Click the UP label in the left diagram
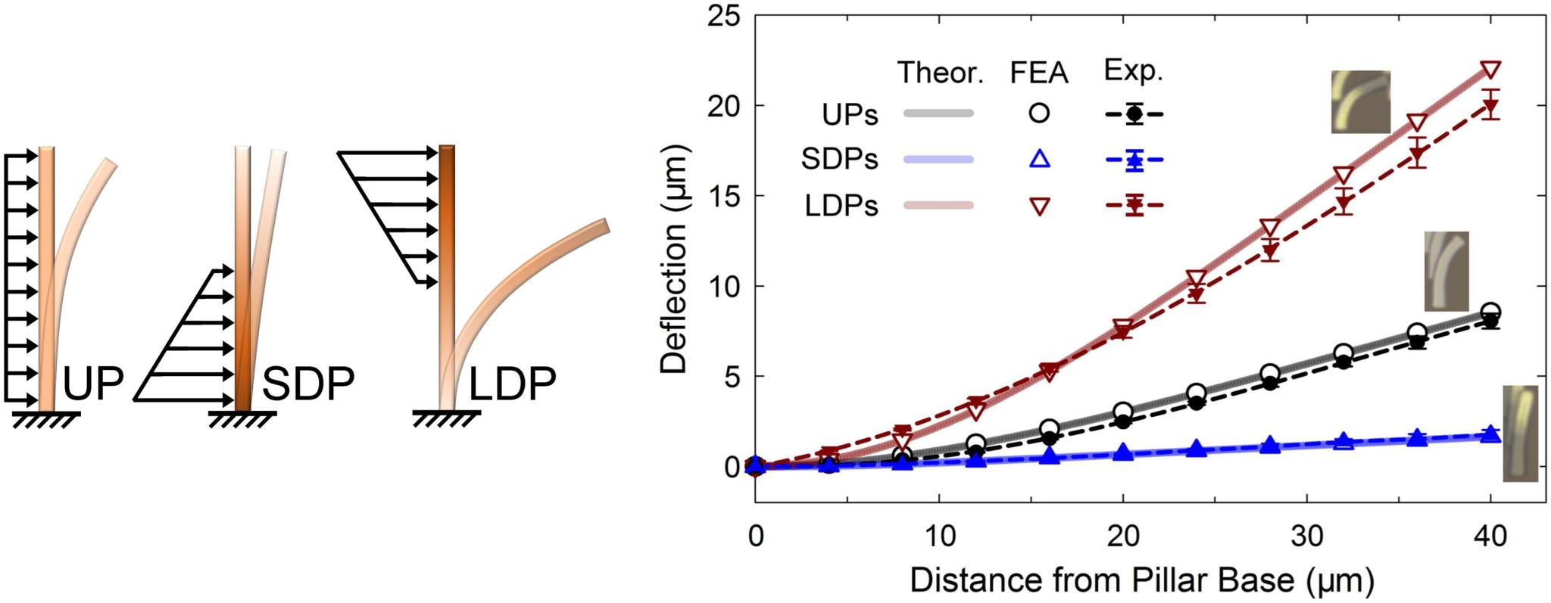[93, 384]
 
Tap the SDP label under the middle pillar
[308, 384]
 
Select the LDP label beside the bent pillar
[513, 384]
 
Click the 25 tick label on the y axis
[724, 16]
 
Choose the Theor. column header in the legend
[940, 73]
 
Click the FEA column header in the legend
[1039, 73]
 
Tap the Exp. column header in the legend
[1133, 70]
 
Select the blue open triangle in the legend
[1040, 159]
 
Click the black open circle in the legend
[1040, 113]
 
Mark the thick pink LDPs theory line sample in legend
[938, 204]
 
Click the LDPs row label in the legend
[841, 205]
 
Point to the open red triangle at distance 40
[1490, 70]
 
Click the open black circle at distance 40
[1490, 312]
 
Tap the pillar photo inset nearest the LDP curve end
[1361, 101]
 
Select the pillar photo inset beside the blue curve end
[1520, 433]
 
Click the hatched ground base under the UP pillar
[46, 418]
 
